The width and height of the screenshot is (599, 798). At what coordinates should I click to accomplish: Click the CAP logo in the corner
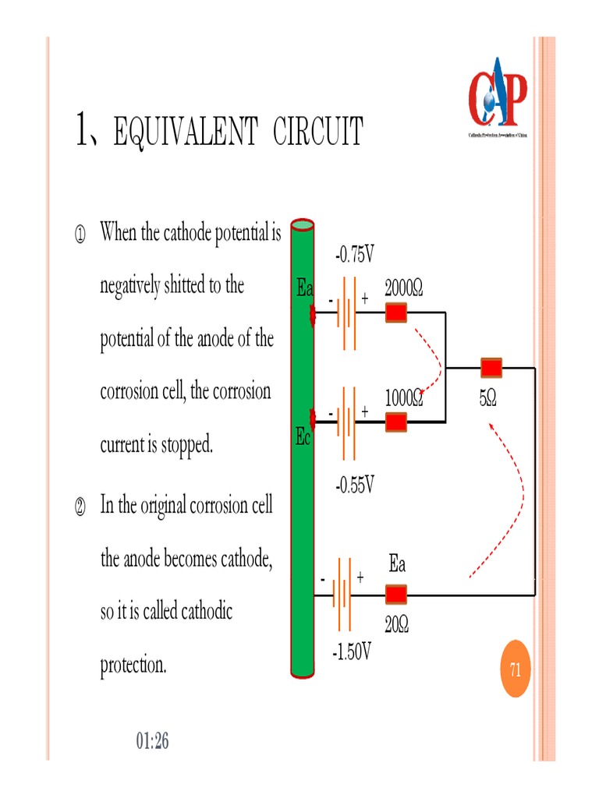497,94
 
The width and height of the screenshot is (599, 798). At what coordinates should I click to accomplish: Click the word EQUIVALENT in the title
185,132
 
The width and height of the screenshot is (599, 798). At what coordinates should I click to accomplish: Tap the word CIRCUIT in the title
317,132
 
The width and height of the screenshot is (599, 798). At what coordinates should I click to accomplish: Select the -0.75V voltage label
355,254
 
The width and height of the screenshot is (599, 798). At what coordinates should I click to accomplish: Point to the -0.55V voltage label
355,486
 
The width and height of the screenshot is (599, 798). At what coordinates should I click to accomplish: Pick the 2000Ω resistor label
404,289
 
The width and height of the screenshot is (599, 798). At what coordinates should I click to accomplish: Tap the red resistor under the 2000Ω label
397,313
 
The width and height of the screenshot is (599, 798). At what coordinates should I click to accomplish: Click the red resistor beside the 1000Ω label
397,422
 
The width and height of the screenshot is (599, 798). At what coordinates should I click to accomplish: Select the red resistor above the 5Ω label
491,367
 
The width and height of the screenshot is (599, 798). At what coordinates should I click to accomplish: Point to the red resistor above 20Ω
397,595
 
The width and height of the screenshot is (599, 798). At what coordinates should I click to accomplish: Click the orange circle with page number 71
515,669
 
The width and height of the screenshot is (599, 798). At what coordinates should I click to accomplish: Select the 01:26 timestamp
152,741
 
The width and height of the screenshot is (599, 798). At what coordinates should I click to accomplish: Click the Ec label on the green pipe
303,438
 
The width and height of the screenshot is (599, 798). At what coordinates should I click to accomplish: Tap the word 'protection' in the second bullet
133,666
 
